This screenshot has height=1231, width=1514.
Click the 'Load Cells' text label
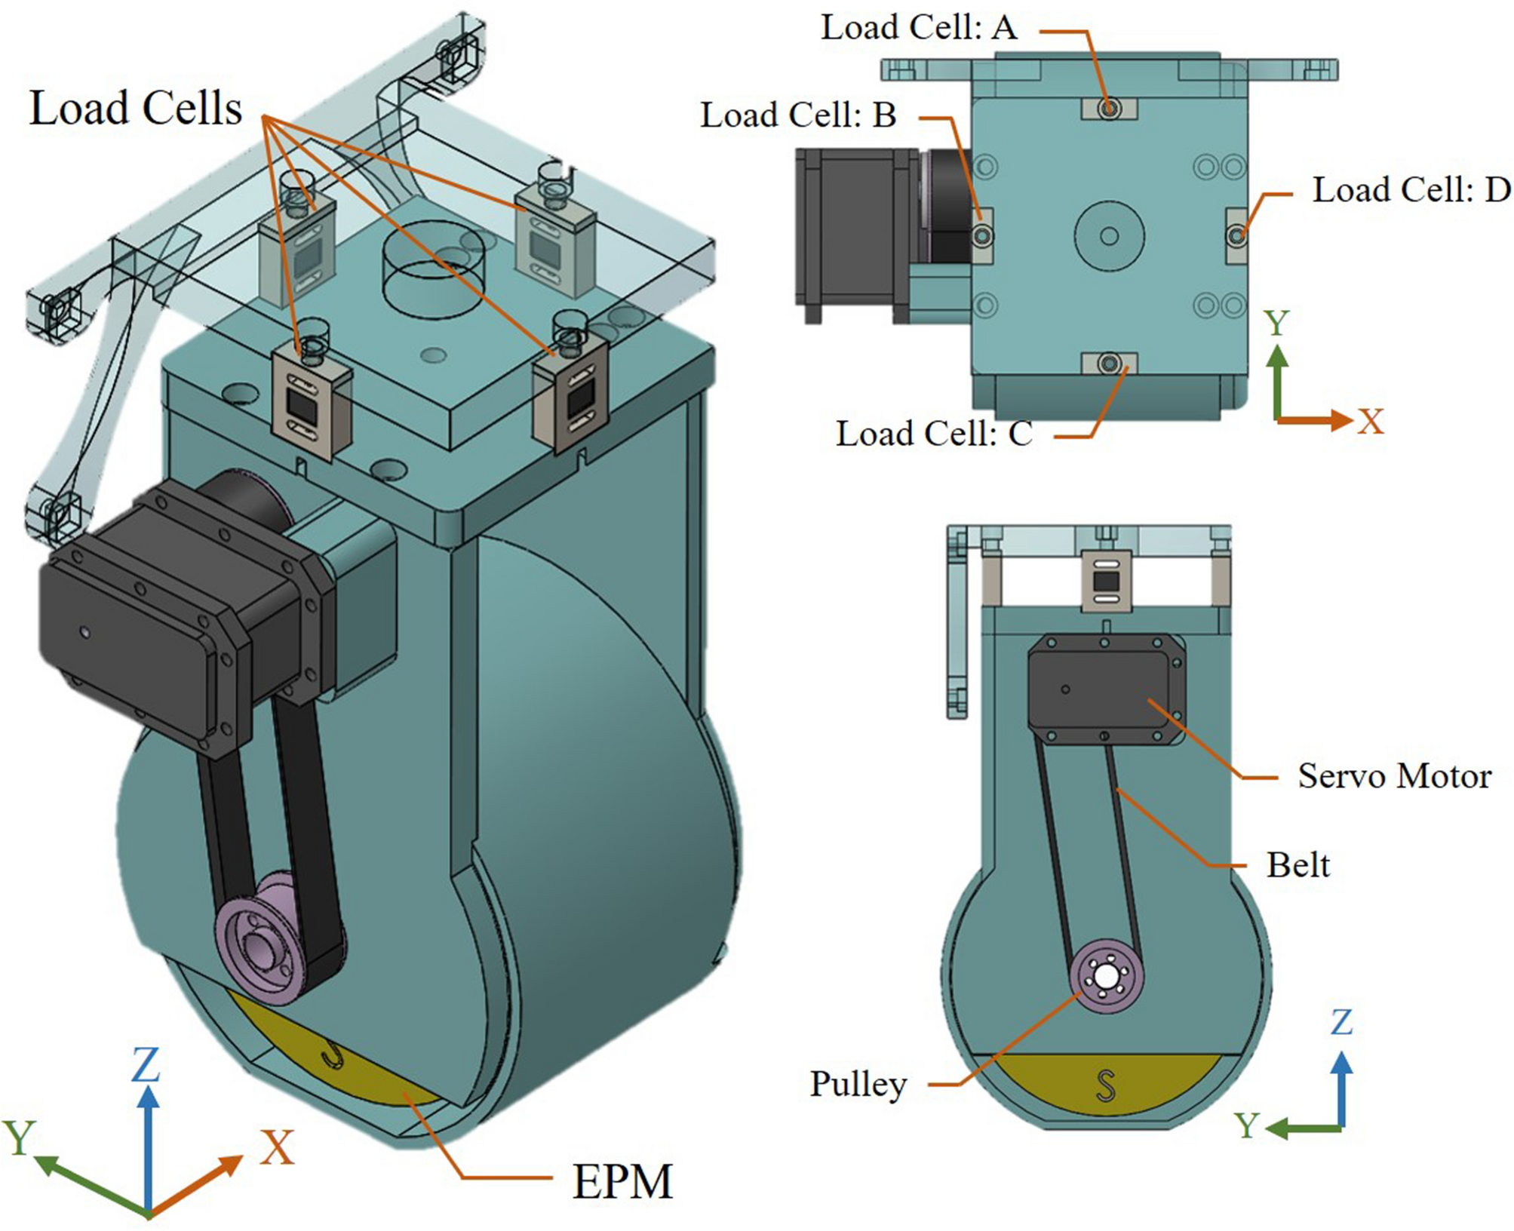(x=136, y=108)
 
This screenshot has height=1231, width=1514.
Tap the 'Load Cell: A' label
(x=919, y=28)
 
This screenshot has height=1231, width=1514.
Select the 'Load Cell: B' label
(x=798, y=115)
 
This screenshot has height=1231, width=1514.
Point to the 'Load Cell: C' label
(x=933, y=434)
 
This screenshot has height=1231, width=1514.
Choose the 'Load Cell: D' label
(x=1411, y=190)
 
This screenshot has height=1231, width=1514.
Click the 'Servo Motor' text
(x=1394, y=776)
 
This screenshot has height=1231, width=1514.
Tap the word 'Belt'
(x=1297, y=865)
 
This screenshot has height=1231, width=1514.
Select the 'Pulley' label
(x=858, y=1084)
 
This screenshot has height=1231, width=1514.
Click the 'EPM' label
(x=622, y=1181)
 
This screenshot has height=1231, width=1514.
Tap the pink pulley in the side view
(x=1107, y=977)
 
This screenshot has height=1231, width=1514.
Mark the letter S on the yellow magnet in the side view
(x=1105, y=1086)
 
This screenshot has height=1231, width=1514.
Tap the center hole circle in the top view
(x=1109, y=236)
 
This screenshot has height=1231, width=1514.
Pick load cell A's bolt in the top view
(x=1109, y=109)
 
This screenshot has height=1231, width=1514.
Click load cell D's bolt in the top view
(x=1236, y=236)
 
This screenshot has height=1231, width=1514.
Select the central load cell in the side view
(x=1107, y=582)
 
